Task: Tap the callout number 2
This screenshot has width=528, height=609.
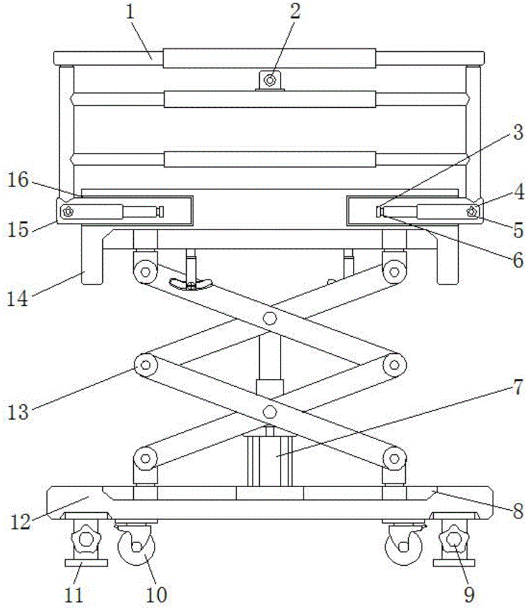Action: pyautogui.click(x=294, y=13)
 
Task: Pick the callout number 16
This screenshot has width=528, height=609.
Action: pyautogui.click(x=19, y=180)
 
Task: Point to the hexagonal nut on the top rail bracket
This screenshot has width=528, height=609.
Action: pyautogui.click(x=271, y=79)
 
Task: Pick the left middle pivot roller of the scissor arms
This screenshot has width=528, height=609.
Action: pyautogui.click(x=145, y=365)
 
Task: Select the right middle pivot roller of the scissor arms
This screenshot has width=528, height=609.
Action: pyautogui.click(x=394, y=365)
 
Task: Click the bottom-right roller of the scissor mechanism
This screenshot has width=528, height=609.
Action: pyautogui.click(x=394, y=457)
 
